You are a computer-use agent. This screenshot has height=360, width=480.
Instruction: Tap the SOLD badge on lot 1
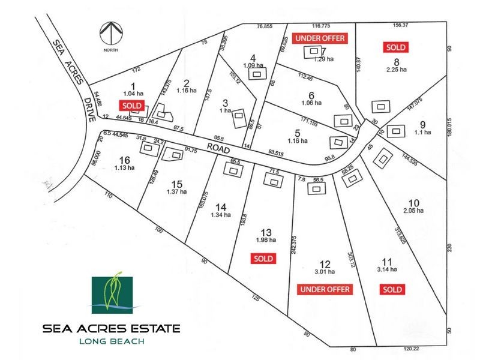pyautogui.click(x=133, y=105)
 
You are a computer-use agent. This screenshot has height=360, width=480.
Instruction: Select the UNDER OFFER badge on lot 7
pyautogui.click(x=320, y=38)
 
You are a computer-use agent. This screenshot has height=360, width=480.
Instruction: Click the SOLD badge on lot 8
pyautogui.click(x=395, y=47)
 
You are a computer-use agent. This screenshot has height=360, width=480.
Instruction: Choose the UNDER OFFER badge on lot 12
pyautogui.click(x=325, y=290)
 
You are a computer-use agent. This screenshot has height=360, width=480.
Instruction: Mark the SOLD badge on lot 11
pyautogui.click(x=392, y=290)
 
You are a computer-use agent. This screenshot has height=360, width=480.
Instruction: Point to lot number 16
pyautogui.click(x=124, y=160)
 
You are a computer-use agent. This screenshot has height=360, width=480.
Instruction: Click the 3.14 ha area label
pyautogui.click(x=388, y=270)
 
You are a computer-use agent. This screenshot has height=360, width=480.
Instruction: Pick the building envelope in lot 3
pyautogui.click(x=239, y=115)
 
